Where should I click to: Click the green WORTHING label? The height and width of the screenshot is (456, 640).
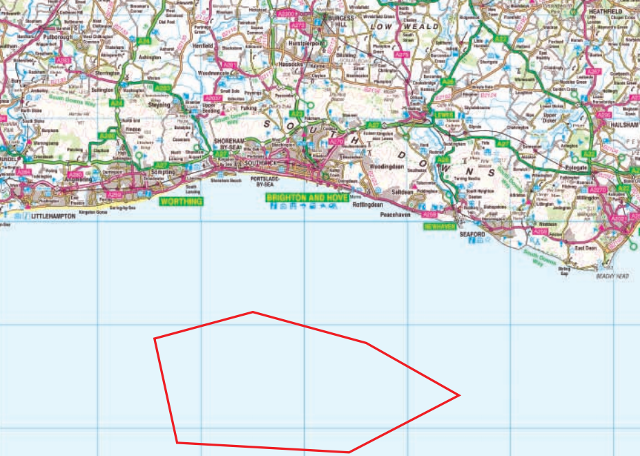[182, 202]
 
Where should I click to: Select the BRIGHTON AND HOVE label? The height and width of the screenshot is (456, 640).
[304, 197]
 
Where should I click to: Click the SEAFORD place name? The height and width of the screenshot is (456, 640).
[474, 235]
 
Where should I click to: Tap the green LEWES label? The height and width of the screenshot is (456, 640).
[442, 115]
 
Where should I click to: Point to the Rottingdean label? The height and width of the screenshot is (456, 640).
[367, 205]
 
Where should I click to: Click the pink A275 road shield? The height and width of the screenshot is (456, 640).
[405, 55]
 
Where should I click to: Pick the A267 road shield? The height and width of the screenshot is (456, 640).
[593, 71]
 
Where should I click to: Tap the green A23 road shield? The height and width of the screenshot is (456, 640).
[298, 113]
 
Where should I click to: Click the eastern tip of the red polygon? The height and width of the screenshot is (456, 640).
[460, 395]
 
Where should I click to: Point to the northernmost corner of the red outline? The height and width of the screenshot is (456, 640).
[253, 312]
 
